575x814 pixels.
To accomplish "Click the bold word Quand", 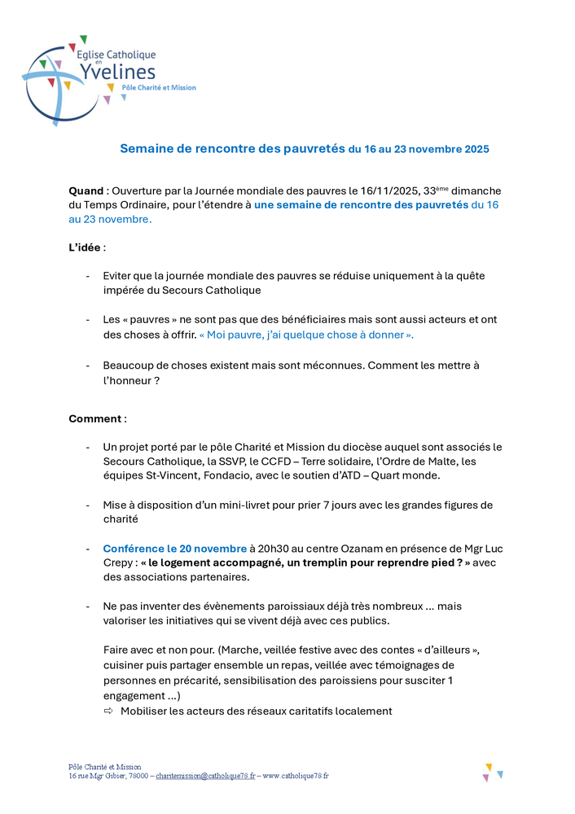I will coord(86,190).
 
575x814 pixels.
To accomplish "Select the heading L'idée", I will coord(86,247).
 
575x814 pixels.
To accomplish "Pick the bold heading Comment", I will coord(96,418).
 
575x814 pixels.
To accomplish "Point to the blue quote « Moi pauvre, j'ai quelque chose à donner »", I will coord(306,335).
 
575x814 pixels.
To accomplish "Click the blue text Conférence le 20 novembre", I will coord(174,549).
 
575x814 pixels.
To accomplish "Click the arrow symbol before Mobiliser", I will coord(108,711).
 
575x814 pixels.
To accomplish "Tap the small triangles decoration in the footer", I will coord(493,772).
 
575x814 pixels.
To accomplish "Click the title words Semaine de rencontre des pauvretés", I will coord(232,149).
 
